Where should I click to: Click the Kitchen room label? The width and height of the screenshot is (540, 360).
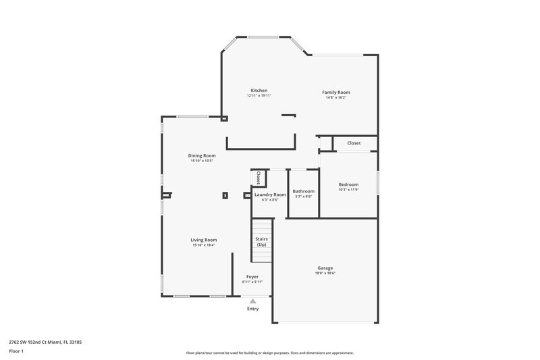coord(259,91)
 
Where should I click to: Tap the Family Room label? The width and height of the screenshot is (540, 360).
coord(335,92)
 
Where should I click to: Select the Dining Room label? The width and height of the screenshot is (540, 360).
coord(201,156)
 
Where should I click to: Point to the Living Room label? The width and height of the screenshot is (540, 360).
coord(203,240)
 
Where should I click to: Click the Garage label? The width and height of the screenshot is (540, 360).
coord(325,267)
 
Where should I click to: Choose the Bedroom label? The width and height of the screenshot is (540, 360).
coord(348,184)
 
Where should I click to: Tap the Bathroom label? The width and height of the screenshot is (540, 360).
coord(303,191)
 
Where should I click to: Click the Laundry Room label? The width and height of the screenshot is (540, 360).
coord(270,195)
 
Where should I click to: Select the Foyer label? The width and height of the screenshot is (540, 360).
coord(252,276)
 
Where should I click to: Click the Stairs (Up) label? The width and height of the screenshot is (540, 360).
coord(261,241)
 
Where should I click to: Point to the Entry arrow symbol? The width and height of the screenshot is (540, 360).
coord(252,301)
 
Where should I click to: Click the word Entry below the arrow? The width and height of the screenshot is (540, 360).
coord(252,309)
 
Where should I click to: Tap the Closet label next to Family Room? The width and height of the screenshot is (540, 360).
coord(354,143)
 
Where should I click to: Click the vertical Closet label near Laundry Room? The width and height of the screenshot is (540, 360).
coord(258,178)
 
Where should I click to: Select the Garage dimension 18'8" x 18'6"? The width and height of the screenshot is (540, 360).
coord(325,273)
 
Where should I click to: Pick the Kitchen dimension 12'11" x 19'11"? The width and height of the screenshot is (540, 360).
coord(259,96)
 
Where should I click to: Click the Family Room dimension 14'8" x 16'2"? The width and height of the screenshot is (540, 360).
coord(335,97)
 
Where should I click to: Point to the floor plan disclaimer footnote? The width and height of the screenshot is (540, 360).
coord(269,353)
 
